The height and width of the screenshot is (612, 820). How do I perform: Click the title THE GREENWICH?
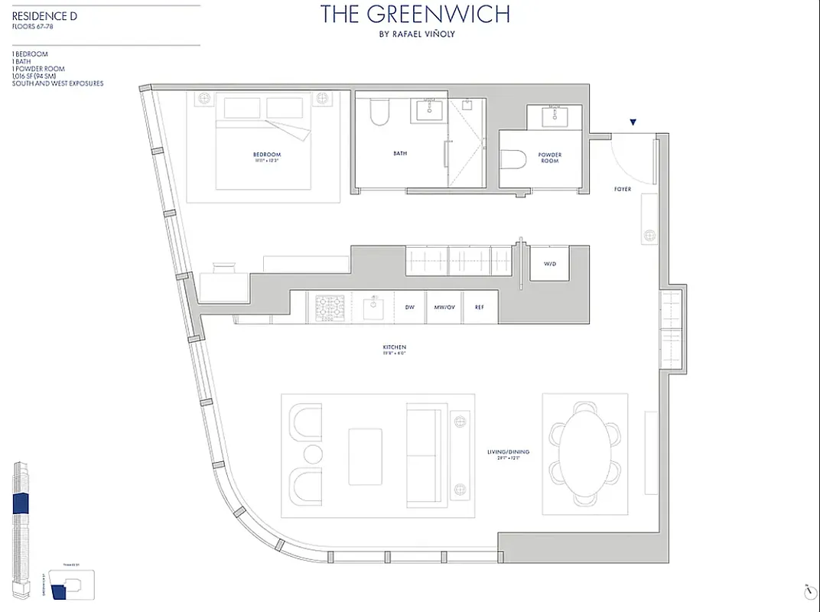415,14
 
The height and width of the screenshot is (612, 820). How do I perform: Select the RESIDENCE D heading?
44,15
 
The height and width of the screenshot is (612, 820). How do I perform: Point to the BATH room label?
400,153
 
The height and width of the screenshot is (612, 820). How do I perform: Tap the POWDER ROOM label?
550,158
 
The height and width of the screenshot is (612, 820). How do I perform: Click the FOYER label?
623,189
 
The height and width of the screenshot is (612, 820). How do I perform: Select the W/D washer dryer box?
550,263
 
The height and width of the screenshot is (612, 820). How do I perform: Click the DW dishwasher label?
410,307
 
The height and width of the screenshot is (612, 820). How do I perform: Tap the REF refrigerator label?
479,307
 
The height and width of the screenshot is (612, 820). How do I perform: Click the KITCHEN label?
394,349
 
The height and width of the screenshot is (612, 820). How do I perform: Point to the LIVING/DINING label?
508,452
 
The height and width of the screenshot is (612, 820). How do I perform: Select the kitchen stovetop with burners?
330,307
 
